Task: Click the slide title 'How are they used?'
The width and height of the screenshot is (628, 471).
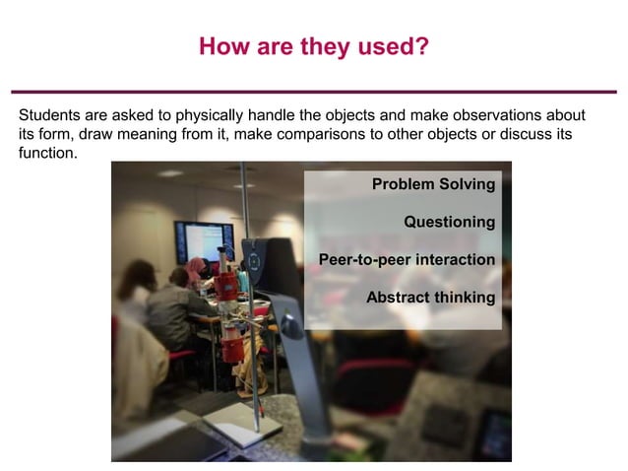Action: [313, 46]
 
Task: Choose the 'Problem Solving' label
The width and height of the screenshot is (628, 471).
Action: [433, 184]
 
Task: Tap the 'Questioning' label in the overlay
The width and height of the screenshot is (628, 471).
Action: [449, 222]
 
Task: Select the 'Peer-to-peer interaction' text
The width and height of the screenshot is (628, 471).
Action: [407, 260]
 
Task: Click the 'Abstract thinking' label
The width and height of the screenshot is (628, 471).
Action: [430, 298]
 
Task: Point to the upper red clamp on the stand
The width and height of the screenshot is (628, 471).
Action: [228, 285]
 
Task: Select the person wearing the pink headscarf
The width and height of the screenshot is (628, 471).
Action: [197, 271]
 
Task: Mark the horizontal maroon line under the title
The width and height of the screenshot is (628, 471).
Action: [313, 91]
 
